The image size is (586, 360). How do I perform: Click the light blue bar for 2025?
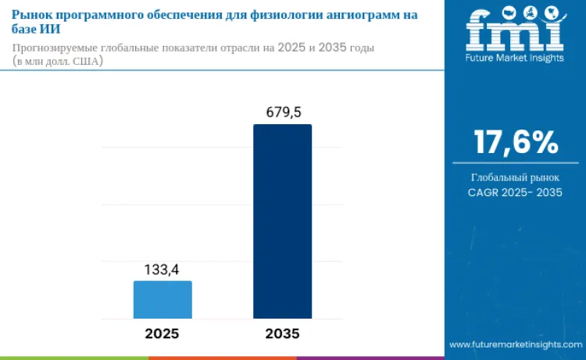pos(163,299)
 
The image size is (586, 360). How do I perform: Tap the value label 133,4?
pos(162,269)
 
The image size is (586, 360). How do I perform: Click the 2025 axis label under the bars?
pos(162,333)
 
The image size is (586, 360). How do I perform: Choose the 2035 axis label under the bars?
pos(282,333)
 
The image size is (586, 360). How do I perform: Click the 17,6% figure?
pos(515,142)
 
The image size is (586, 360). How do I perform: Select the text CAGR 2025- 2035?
pos(515,192)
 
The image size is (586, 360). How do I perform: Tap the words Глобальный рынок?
pos(515,177)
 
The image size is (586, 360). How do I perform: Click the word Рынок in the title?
pos(33,15)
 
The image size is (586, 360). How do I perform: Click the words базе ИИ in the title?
pos(41,30)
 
